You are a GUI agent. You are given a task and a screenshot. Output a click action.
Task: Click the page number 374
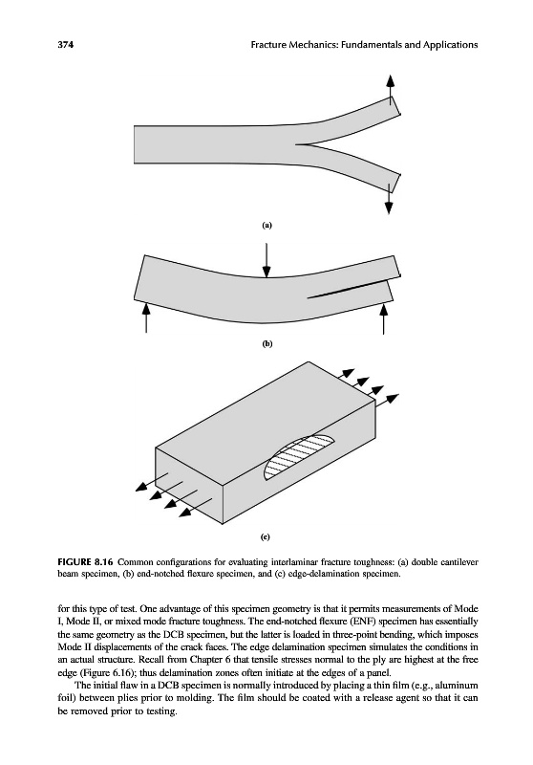[x=65, y=45]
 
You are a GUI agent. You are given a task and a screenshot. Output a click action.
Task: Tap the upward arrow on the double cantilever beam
[x=390, y=89]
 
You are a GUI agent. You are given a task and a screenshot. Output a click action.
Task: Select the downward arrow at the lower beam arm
[x=389, y=199]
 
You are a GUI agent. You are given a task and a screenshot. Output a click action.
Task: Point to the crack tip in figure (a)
[x=296, y=144]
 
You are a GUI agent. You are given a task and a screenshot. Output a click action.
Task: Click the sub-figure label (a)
[x=266, y=225]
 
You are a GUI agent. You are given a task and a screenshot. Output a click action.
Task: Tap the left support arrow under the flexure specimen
[x=147, y=317]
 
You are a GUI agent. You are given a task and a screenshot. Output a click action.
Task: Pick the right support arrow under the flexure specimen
[x=384, y=317]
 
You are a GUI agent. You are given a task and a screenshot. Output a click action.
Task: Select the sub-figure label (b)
[x=267, y=344]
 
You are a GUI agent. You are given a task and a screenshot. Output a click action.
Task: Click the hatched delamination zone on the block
[x=298, y=457]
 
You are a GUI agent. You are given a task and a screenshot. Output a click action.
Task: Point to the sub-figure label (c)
[x=265, y=537]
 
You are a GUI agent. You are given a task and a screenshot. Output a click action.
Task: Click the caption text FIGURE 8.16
[x=86, y=561]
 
